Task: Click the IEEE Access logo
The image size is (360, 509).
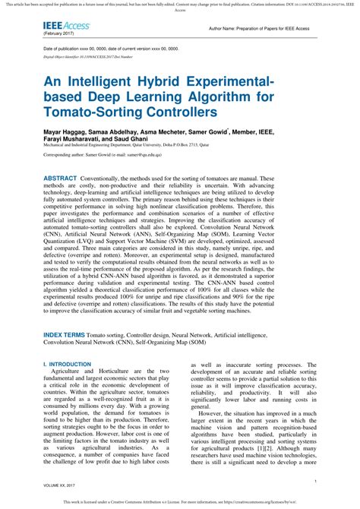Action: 67,26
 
